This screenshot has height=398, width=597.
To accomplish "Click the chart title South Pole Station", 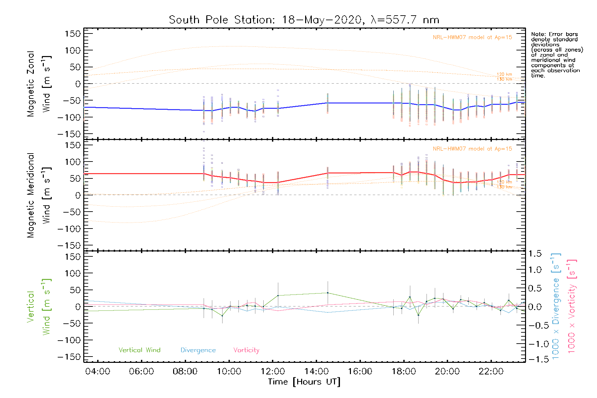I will tap(304, 20).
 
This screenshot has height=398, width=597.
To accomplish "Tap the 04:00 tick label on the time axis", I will tap(98, 371).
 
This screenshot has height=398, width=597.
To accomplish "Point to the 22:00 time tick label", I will tap(491, 371).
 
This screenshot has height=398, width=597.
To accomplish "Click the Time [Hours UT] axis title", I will tap(304, 382).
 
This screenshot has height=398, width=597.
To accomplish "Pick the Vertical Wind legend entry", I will tap(139, 350).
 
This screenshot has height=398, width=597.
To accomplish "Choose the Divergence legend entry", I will tap(198, 350).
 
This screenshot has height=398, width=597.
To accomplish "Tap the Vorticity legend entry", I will tap(246, 350).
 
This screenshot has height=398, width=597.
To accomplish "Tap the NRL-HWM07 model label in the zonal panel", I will tap(472, 37).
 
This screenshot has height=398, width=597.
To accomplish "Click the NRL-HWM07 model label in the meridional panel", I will tap(472, 149).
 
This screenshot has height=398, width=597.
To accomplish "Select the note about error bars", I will tap(557, 55).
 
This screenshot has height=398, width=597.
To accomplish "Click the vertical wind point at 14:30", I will tap(328, 293).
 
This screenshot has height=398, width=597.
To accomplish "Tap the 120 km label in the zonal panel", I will tap(504, 74).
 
